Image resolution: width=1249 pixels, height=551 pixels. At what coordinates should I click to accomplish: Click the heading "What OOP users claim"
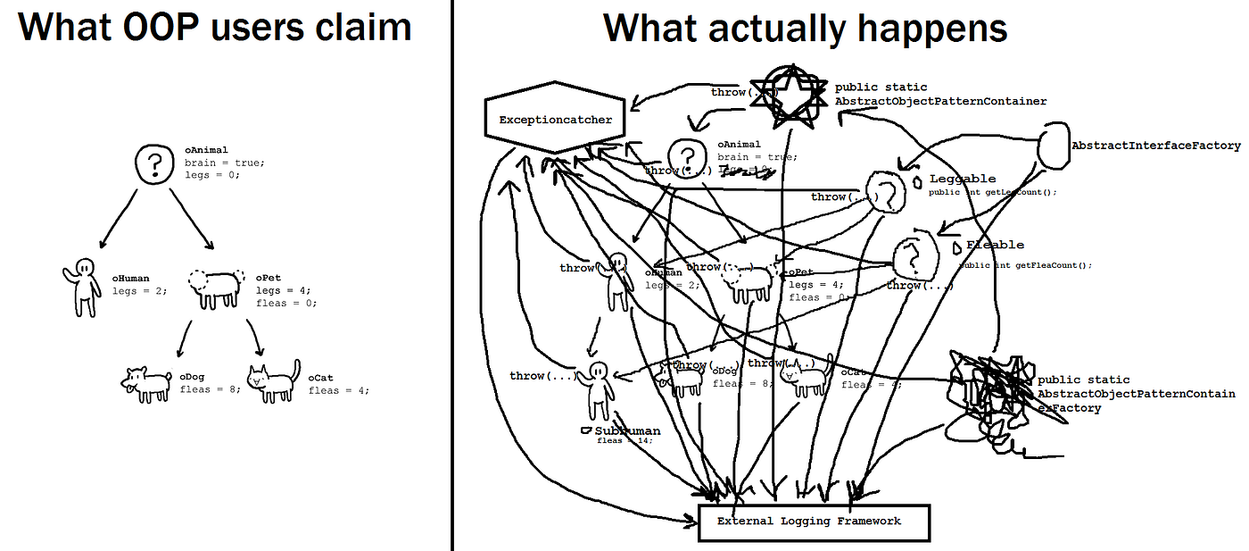pyautogui.click(x=215, y=27)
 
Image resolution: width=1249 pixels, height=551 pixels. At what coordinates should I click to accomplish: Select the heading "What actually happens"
pyautogui.click(x=805, y=28)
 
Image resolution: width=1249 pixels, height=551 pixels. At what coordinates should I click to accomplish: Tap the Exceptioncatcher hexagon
pyautogui.click(x=555, y=119)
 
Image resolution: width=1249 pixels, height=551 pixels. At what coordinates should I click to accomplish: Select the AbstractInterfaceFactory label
pyautogui.click(x=1155, y=146)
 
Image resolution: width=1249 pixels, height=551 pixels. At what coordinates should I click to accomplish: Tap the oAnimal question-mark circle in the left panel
pyautogui.click(x=153, y=163)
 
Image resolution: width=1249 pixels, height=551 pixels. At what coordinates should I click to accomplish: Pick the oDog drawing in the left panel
pyautogui.click(x=146, y=382)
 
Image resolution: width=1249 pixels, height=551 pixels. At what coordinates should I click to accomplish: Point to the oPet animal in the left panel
pyautogui.click(x=215, y=287)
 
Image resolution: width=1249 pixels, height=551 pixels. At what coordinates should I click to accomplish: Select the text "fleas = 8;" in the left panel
pyautogui.click(x=210, y=389)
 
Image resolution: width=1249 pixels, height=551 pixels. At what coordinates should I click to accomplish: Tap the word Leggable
pyautogui.click(x=963, y=179)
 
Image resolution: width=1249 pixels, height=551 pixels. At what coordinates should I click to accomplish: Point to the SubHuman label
pyautogui.click(x=628, y=430)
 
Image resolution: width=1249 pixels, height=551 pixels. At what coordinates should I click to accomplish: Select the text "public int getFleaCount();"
pyautogui.click(x=1026, y=265)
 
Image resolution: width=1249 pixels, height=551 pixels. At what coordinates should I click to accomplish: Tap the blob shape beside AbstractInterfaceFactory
pyautogui.click(x=1055, y=147)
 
